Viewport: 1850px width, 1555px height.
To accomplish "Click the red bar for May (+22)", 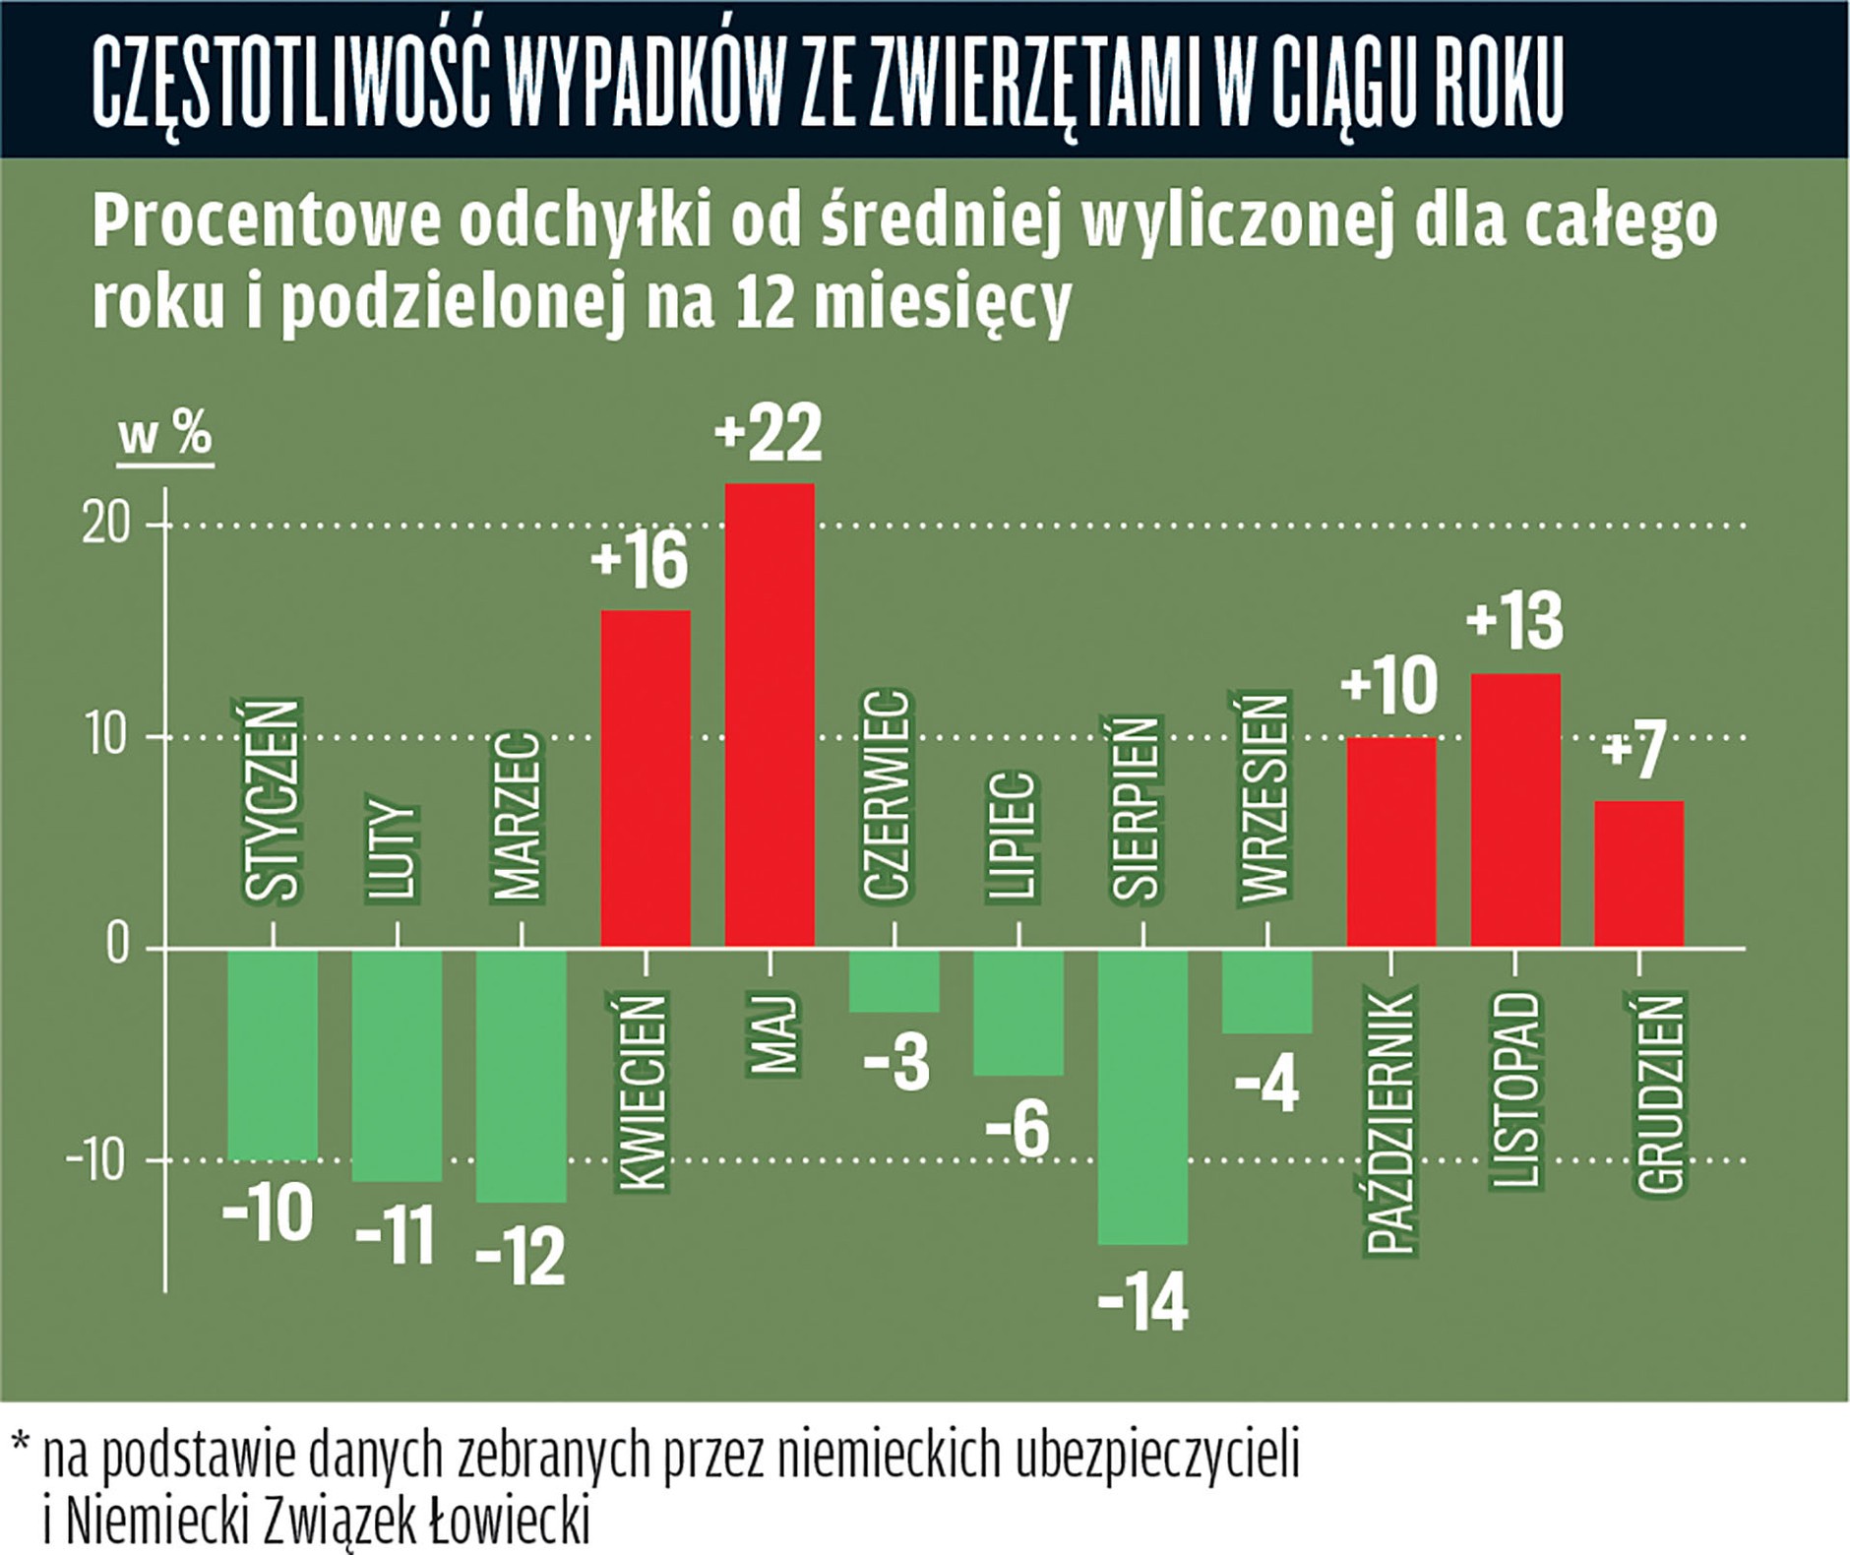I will pyautogui.click(x=770, y=715).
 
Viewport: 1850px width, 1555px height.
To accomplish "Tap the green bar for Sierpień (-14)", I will pyautogui.click(x=1142, y=1095).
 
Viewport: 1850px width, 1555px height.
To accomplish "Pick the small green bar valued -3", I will pyautogui.click(x=894, y=980).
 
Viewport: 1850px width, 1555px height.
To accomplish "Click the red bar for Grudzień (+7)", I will pyautogui.click(x=1638, y=874).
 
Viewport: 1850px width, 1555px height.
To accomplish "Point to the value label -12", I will pyautogui.click(x=520, y=1256).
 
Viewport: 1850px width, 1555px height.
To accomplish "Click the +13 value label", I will pyautogui.click(x=1514, y=621).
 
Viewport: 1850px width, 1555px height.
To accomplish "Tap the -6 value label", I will pyautogui.click(x=1017, y=1130).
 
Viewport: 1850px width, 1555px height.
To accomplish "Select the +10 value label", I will pyautogui.click(x=1389, y=686).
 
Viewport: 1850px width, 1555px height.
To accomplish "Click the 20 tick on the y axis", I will pyautogui.click(x=106, y=526).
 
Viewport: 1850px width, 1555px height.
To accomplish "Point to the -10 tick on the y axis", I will pyautogui.click(x=96, y=1161).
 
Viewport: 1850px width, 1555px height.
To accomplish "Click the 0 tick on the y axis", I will pyautogui.click(x=118, y=947).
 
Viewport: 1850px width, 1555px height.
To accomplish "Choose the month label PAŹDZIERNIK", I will pyautogui.click(x=1391, y=1122).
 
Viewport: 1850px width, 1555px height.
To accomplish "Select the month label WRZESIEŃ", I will pyautogui.click(x=1264, y=797).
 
